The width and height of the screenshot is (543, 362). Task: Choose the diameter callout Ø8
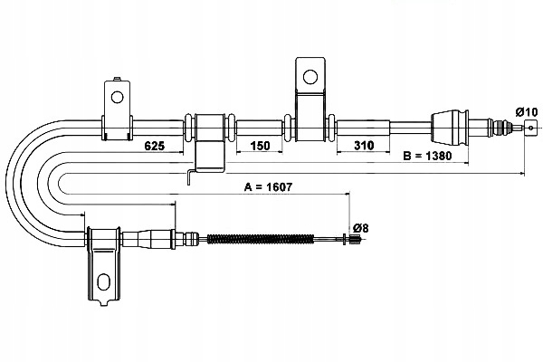coord(359,228)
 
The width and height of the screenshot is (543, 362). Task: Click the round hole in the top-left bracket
coord(116,93)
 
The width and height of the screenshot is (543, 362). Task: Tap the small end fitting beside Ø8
coord(348,239)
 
